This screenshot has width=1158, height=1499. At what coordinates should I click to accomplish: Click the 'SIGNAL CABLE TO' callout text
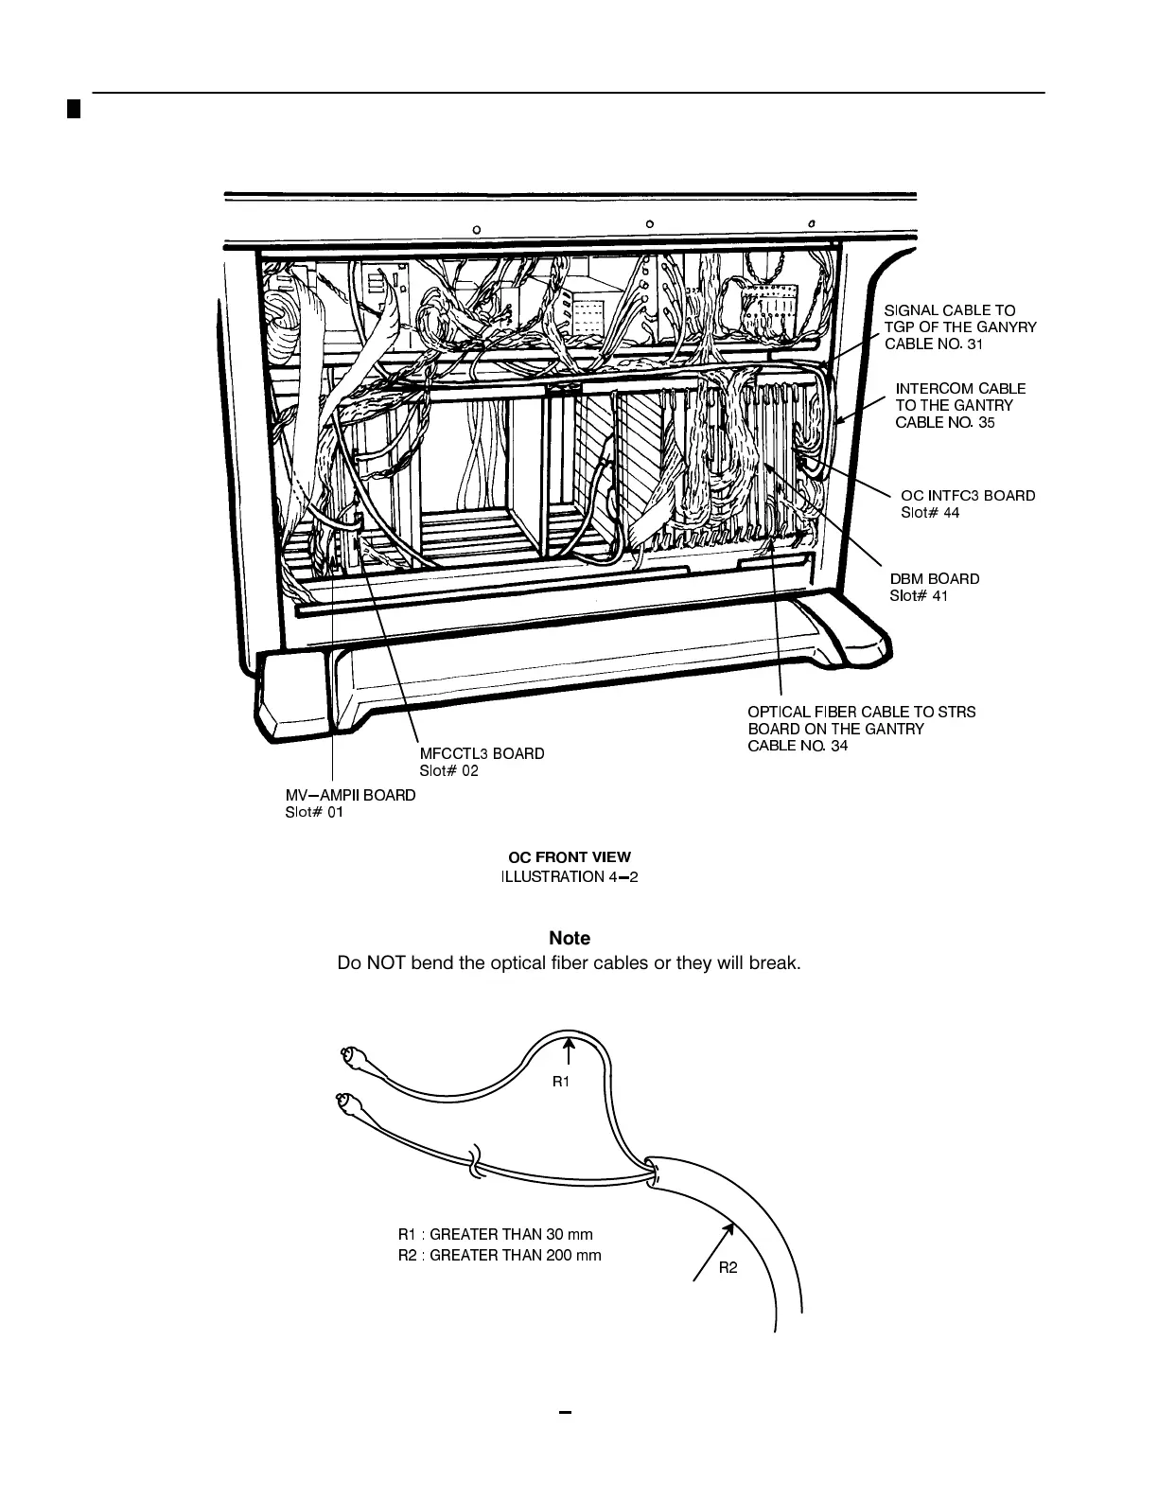coord(949,310)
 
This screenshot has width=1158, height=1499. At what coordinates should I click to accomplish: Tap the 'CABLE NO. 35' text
coord(944,422)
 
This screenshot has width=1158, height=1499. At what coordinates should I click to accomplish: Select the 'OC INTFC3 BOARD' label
coord(967,496)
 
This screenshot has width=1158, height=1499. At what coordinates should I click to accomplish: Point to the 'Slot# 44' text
coord(929,513)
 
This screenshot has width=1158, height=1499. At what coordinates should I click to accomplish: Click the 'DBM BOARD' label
coord(934,579)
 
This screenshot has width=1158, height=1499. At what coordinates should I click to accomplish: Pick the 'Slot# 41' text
coord(918,596)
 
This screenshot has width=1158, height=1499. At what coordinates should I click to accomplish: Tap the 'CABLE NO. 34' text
coord(798,746)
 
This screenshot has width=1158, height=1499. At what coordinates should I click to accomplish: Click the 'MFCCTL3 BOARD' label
coord(482,754)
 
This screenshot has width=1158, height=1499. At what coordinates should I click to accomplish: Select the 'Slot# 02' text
coord(449,771)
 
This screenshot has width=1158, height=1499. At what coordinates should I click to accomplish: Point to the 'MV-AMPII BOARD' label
coord(350,796)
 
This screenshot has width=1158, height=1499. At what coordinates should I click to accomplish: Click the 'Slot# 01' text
coord(314,813)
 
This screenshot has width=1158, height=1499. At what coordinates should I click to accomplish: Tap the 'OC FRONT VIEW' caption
coord(570,857)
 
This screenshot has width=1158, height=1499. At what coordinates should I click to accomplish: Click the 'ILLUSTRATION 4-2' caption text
coord(570,876)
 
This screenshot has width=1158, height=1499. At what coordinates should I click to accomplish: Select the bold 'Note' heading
coord(570,938)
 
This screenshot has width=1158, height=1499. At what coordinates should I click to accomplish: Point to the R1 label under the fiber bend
coord(561,1082)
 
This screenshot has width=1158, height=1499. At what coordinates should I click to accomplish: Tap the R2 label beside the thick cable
coord(728,1267)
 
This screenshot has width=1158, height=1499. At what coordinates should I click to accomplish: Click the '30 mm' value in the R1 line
coord(570,1234)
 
